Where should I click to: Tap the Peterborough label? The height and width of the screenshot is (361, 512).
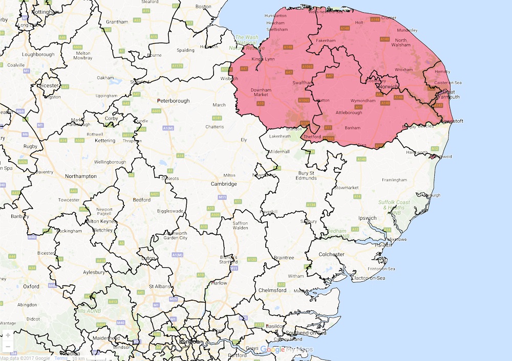click(174, 101)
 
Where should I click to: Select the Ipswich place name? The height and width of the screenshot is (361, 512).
click(367, 218)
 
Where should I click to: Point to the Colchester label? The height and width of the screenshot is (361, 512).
click(331, 254)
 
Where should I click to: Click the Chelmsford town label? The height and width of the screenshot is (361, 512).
click(274, 290)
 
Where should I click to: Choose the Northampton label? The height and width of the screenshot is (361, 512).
click(81, 176)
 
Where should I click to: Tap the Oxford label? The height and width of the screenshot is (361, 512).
click(31, 286)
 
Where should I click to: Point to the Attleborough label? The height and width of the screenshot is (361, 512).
click(348, 112)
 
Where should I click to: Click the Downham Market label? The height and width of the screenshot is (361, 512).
click(260, 92)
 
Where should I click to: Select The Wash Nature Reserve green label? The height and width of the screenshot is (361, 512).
click(247, 42)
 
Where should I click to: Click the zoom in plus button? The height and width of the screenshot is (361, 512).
click(8, 335)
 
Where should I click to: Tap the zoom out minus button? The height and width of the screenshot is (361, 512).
click(8, 346)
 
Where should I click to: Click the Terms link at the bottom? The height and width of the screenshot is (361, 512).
click(61, 358)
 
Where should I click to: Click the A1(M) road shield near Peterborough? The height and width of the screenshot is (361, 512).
click(167, 127)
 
